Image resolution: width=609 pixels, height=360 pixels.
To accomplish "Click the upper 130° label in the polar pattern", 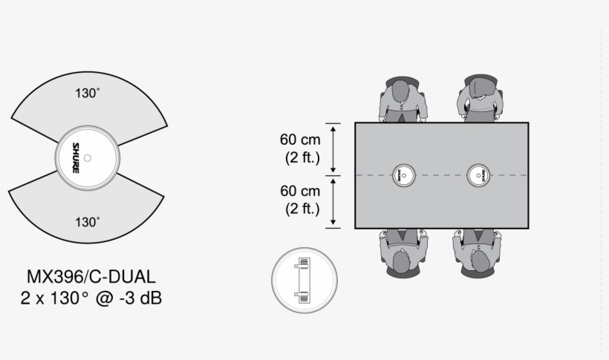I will click(x=87, y=94).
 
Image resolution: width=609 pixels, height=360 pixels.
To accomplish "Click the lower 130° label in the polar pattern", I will click(x=87, y=222).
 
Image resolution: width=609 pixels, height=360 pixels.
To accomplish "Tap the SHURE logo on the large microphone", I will click(x=76, y=158).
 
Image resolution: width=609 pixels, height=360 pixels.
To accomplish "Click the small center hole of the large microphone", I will click(x=88, y=157).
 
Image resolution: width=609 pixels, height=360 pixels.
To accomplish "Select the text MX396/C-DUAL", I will click(x=91, y=277).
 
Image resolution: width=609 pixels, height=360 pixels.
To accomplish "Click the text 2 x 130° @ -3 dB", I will click(x=91, y=298).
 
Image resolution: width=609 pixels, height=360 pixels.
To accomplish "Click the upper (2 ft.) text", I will click(x=302, y=157).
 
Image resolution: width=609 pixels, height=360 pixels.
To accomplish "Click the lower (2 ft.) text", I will click(x=302, y=209).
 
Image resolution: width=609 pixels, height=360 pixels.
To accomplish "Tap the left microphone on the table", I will click(x=404, y=175).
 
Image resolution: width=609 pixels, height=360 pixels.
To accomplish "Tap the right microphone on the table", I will click(x=478, y=175).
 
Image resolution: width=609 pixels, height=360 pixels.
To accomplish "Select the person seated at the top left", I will click(x=403, y=99).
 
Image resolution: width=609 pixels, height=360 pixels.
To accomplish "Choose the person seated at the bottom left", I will click(x=403, y=252).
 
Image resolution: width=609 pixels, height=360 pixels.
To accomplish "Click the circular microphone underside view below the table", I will click(x=304, y=280).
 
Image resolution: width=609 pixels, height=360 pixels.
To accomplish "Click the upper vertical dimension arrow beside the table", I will click(x=334, y=149).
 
